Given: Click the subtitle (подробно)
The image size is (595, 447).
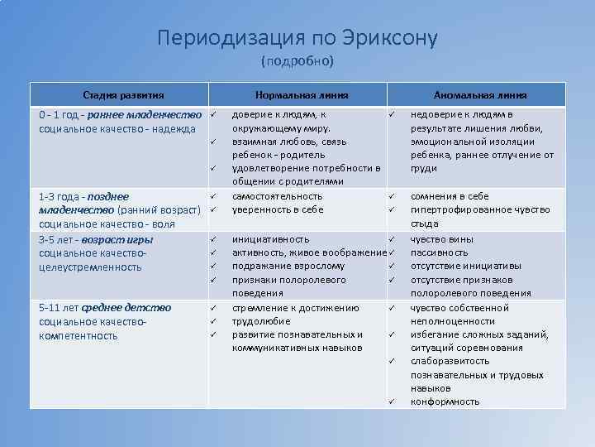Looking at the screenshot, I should [297, 61].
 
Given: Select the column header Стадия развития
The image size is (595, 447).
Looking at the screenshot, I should [122, 95].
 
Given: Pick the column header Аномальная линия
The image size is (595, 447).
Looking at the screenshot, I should [480, 95].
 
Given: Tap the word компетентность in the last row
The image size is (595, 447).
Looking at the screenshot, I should [78, 335].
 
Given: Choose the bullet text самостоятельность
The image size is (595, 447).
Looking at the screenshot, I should [277, 196].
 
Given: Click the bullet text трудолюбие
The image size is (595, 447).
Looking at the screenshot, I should [260, 320].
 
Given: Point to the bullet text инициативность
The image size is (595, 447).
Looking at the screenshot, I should [271, 238].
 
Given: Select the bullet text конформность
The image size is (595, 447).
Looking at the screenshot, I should [445, 401].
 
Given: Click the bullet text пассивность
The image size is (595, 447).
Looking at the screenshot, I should [439, 252].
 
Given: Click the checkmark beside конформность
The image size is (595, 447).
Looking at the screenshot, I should [393, 401].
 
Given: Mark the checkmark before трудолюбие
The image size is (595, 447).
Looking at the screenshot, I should [212, 321].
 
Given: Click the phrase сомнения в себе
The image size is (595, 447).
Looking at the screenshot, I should [450, 196].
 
